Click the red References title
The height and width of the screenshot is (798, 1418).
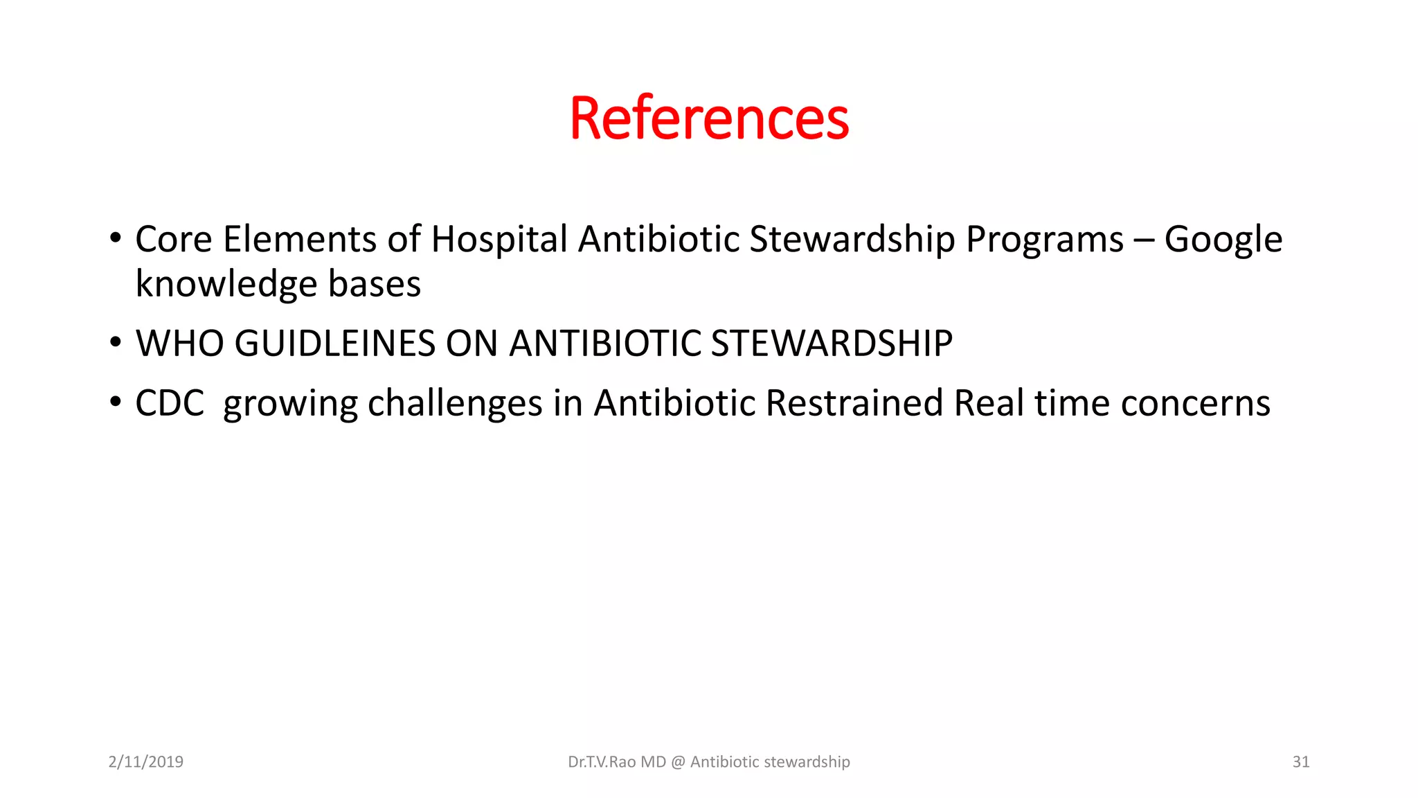tap(709, 118)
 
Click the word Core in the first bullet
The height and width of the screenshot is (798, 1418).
tap(173, 240)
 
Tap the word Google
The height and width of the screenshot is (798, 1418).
tap(1223, 240)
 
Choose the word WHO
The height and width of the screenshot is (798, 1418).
tap(179, 344)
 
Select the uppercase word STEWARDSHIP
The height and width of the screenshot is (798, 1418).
tap(832, 344)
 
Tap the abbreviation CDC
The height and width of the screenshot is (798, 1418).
tap(170, 403)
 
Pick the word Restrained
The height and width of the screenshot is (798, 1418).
tap(854, 403)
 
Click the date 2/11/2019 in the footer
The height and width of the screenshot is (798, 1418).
tap(145, 762)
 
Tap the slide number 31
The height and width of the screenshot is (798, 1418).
tap(1300, 762)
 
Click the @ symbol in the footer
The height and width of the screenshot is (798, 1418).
tap(678, 762)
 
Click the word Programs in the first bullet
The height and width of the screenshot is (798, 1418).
tap(1044, 240)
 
